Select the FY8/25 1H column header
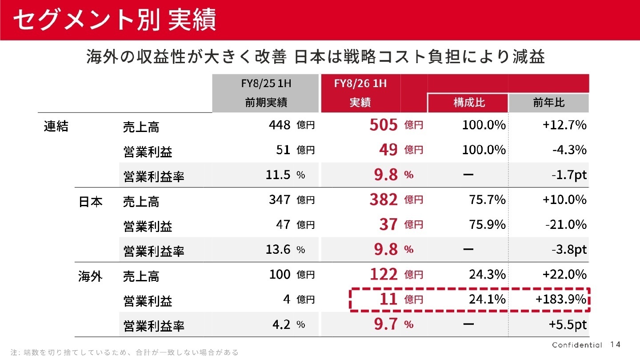click(x=266, y=83)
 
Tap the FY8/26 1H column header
click(x=360, y=83)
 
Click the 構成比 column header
click(x=469, y=103)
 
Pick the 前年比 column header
click(x=548, y=103)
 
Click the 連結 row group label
click(x=56, y=126)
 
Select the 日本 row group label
click(x=91, y=201)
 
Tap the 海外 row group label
click(x=91, y=276)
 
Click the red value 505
click(x=383, y=125)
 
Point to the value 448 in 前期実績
click(x=280, y=125)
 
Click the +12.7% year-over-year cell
click(x=564, y=125)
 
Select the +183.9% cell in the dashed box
click(x=561, y=300)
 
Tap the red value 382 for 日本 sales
click(x=383, y=200)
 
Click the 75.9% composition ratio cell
click(x=487, y=225)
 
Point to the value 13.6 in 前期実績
click(x=278, y=250)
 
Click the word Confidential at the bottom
click(x=577, y=345)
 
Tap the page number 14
click(x=615, y=345)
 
